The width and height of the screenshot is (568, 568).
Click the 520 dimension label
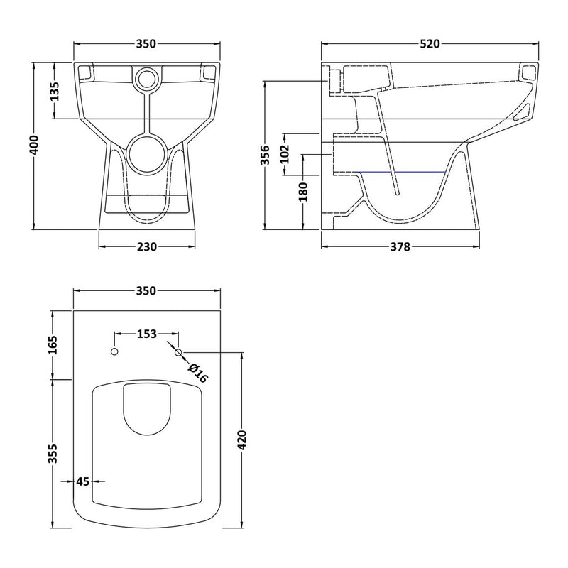pos(430,44)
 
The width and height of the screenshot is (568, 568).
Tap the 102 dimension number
pos(285,153)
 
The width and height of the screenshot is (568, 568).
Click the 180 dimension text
pos(304,192)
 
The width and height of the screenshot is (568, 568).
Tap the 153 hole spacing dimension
pos(146,333)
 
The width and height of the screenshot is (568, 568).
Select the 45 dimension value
pos(82,481)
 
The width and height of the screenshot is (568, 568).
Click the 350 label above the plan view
pos(146,291)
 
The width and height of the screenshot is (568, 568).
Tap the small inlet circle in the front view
pos(146,78)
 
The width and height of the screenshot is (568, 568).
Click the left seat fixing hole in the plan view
pos(114,353)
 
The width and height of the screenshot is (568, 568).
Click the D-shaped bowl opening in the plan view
pos(146,408)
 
